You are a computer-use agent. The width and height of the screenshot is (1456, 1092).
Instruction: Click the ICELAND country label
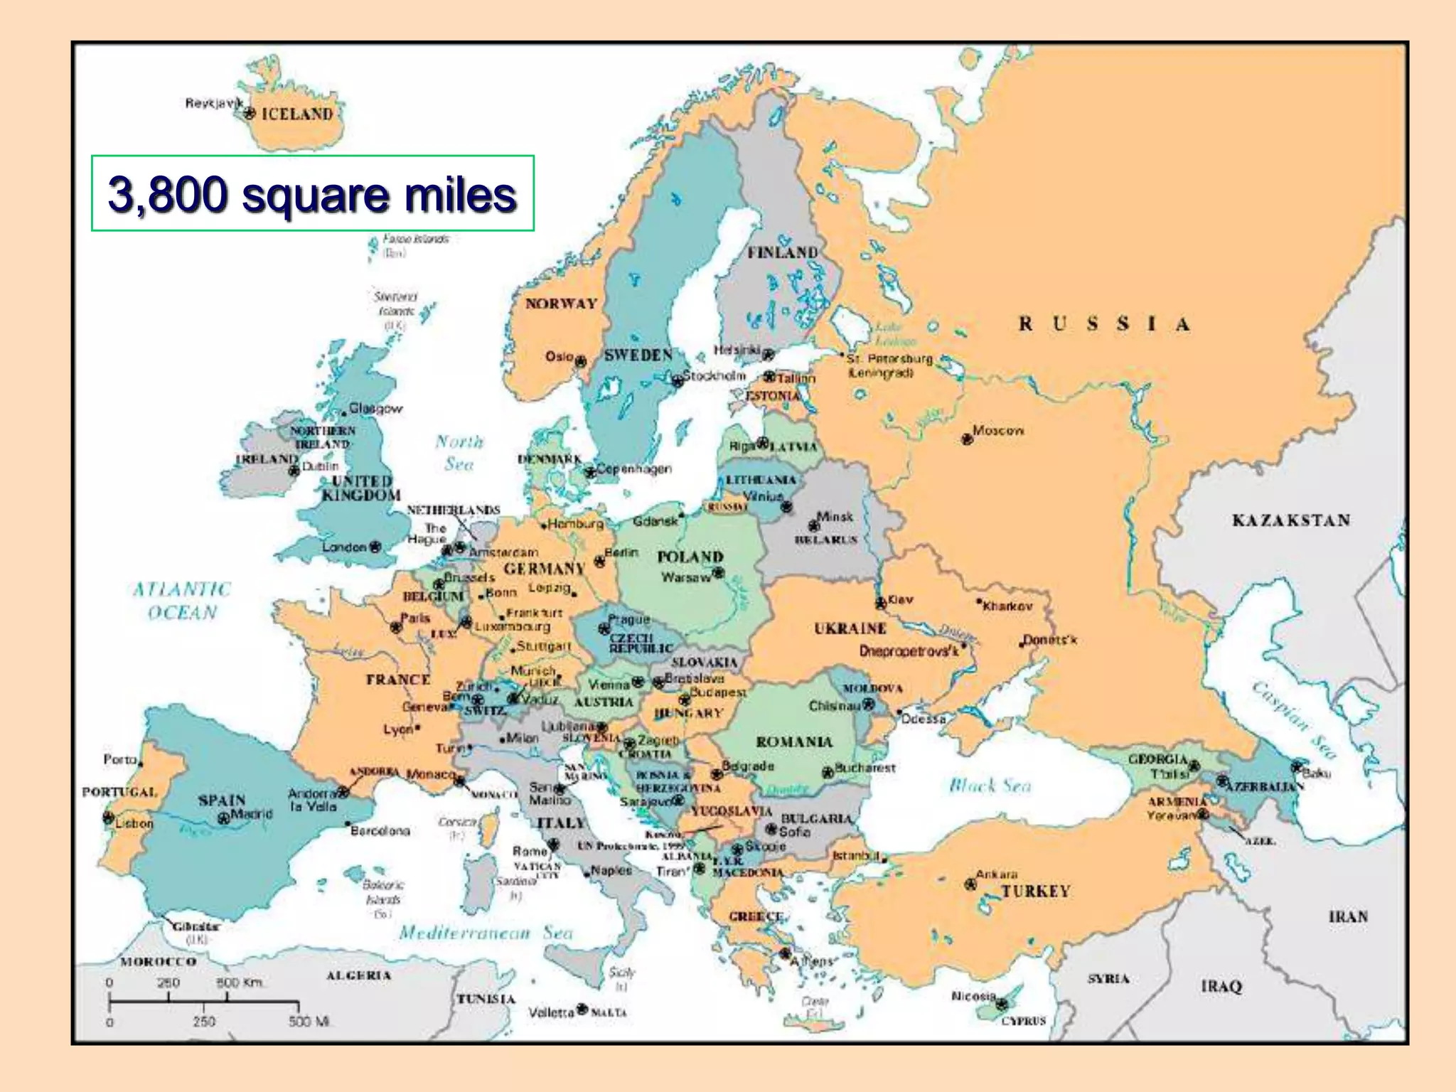point(297,114)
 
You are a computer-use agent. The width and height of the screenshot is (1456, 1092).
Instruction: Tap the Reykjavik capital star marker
point(249,112)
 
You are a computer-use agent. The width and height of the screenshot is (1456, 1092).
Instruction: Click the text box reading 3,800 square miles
point(313,193)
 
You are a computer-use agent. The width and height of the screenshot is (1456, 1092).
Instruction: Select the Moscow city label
point(998,430)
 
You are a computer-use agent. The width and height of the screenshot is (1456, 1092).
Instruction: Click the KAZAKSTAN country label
point(1291,520)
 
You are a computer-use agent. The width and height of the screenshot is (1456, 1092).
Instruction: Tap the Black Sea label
point(990,785)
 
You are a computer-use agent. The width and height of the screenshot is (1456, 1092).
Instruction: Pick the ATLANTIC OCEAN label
point(182,601)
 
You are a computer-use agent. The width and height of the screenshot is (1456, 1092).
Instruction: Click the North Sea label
point(459,453)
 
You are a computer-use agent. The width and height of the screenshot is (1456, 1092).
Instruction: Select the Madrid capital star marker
point(223,818)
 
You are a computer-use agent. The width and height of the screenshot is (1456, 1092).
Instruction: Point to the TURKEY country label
point(1035,892)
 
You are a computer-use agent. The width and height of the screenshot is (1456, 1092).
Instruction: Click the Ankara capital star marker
point(970,884)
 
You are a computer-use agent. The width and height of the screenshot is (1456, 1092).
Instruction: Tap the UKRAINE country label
point(850,628)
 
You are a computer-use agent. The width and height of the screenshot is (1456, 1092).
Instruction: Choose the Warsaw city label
point(685,577)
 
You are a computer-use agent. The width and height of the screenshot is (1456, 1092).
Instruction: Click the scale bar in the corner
point(203,1002)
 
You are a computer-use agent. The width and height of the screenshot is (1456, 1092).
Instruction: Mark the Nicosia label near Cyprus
point(973,996)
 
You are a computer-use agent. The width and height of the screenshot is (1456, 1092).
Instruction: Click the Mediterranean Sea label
point(486,933)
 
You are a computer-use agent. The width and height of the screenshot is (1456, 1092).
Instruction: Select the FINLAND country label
point(782,252)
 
